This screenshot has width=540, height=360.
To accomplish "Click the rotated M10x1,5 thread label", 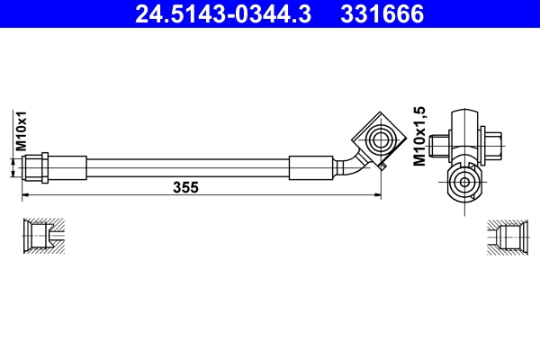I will (418, 134).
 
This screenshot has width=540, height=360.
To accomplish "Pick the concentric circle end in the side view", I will (463, 184).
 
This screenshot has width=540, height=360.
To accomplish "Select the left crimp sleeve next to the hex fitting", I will (68, 167).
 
